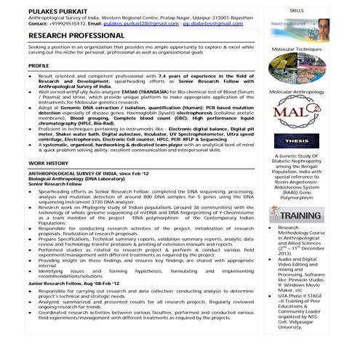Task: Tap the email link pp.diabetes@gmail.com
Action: tap(215, 23)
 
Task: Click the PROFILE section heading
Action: tap(39, 65)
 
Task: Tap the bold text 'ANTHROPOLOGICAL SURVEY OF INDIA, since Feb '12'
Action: tap(90, 175)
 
